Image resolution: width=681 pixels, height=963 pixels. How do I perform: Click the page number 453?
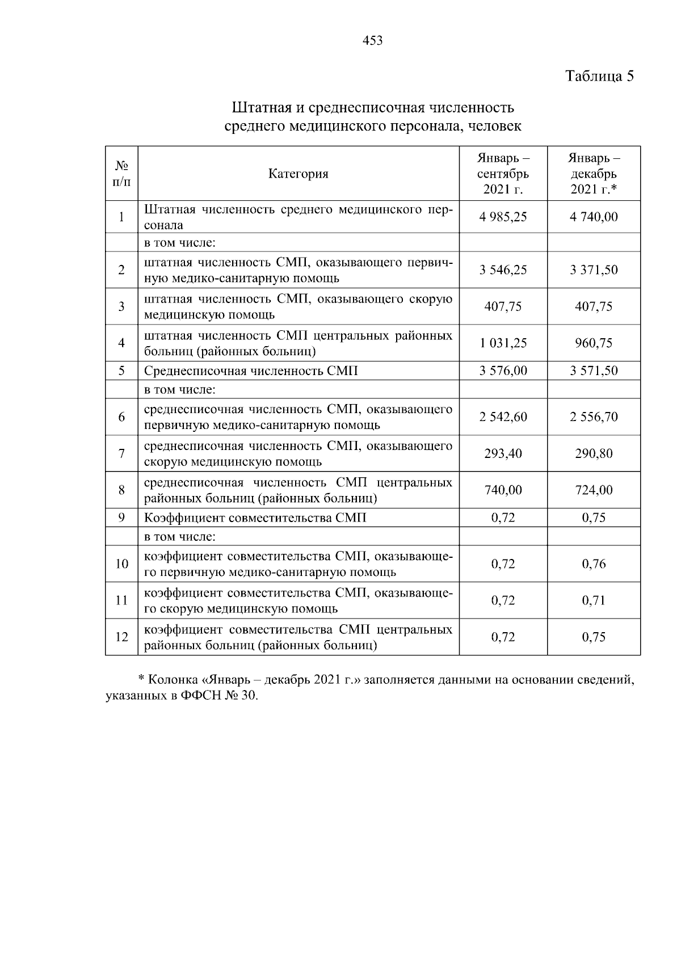[372, 41]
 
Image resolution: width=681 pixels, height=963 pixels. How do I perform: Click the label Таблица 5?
[599, 76]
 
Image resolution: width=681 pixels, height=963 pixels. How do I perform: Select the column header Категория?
[299, 174]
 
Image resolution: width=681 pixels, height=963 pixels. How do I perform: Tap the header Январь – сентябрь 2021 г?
[503, 173]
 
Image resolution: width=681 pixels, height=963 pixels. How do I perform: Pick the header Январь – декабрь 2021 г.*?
[594, 173]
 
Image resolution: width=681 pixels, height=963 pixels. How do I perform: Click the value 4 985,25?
[503, 217]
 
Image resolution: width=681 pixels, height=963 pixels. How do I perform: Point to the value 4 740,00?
[594, 217]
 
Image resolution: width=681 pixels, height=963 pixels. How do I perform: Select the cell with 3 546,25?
[503, 270]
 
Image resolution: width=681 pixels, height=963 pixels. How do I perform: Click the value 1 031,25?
[503, 343]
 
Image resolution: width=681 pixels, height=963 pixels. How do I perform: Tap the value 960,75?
[594, 343]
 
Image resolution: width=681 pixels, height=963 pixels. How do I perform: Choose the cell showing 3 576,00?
[503, 371]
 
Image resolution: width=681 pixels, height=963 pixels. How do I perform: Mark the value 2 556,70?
[594, 417]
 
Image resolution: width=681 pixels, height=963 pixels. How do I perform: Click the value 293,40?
[503, 454]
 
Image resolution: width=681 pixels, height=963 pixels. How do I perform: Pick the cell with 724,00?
[594, 490]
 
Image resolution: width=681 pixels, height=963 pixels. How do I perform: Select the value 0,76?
[594, 564]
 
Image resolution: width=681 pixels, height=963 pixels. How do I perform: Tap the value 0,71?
[594, 600]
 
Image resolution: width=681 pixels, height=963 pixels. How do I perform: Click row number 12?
[121, 637]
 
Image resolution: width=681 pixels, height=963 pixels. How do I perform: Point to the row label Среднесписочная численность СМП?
[251, 371]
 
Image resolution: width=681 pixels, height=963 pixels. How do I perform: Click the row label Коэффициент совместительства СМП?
[255, 518]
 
